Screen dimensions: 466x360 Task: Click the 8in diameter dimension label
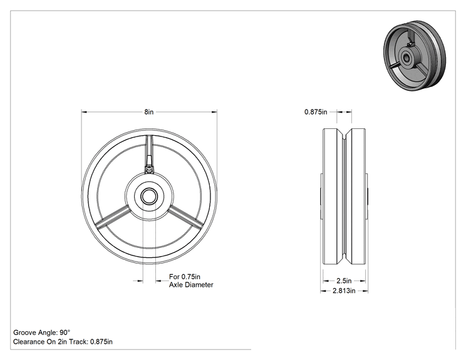click(x=149, y=112)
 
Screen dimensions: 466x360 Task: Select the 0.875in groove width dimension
click(x=316, y=112)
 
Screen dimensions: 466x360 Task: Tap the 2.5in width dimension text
click(x=344, y=280)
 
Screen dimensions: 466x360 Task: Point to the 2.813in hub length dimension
click(x=344, y=291)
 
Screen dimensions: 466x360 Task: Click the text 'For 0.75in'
click(x=185, y=277)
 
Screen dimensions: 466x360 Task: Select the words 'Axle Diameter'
click(x=191, y=285)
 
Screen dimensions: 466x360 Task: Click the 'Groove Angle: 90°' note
click(x=41, y=332)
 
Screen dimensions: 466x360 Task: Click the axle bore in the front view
click(x=149, y=196)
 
